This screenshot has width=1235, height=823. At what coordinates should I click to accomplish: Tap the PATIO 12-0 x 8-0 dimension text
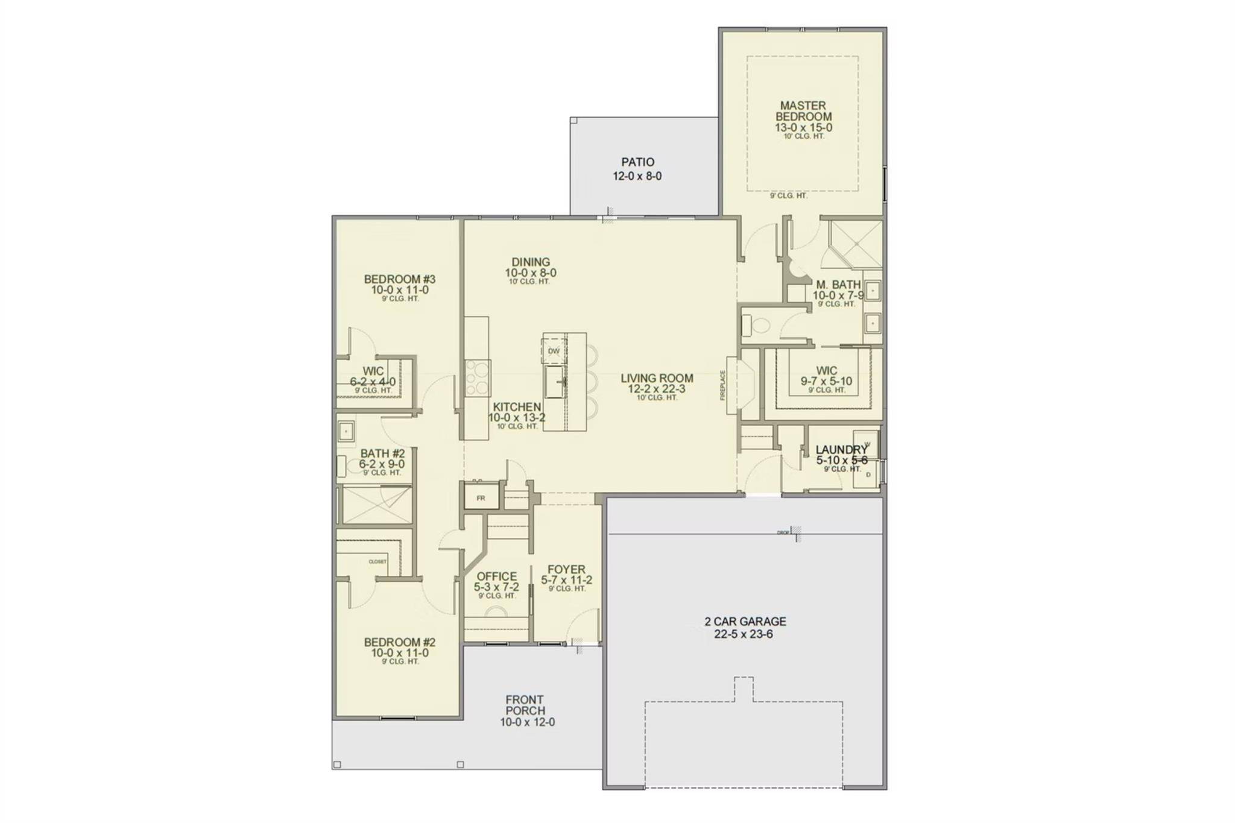coord(637,177)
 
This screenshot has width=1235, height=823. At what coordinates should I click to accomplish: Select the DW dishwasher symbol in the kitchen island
coord(554,351)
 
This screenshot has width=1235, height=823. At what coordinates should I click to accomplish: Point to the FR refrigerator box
coord(481,498)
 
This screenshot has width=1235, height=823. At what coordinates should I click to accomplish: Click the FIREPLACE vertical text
coord(722,385)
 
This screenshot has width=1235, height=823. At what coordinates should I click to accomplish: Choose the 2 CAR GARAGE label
coord(745,621)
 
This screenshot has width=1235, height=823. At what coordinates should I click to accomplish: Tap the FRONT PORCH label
coord(525,705)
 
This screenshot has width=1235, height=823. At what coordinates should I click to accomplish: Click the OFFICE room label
coord(496,576)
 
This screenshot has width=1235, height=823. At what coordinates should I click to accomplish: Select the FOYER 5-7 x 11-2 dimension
coord(566,580)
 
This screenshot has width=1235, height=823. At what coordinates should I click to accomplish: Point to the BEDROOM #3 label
coord(399,279)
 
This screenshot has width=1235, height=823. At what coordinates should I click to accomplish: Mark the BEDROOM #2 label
coord(399,642)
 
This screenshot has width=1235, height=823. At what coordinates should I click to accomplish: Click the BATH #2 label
coord(382,453)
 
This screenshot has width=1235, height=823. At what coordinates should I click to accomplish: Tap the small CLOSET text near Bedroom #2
coord(377,562)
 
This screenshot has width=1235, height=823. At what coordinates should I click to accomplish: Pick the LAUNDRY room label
coord(841,450)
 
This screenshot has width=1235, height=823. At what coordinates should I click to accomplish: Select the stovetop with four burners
coord(478,378)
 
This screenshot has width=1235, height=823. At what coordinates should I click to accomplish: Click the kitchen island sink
coord(555,382)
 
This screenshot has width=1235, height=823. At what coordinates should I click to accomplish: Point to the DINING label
coord(531,262)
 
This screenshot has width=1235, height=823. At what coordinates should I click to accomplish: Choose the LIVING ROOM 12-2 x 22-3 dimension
coord(657,389)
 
